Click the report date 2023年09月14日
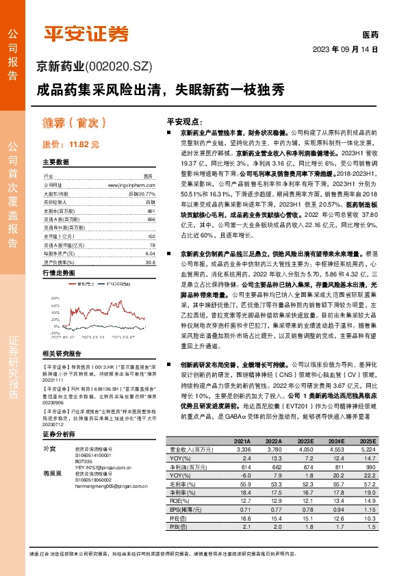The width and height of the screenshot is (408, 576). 344,50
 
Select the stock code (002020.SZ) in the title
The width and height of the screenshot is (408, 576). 116,66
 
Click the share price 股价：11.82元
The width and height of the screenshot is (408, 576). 71,145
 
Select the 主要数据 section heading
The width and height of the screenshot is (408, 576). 56,162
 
